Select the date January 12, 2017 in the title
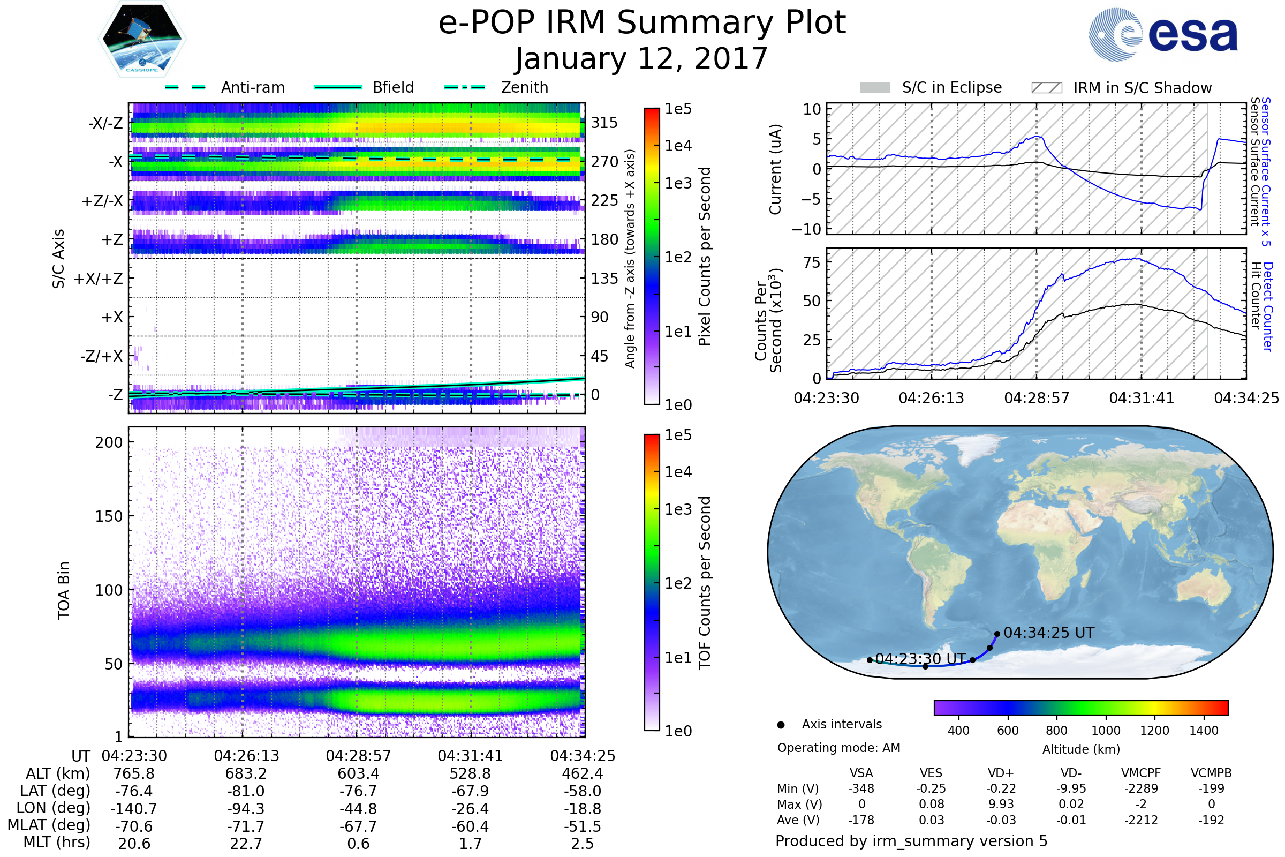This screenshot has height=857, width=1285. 641,59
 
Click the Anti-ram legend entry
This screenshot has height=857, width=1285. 252,87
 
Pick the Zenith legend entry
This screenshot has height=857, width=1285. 524,87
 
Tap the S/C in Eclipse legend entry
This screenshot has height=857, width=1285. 951,88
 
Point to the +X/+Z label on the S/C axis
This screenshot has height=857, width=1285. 99,279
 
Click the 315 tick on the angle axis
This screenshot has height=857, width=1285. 604,123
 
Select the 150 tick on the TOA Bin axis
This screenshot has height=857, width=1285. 109,516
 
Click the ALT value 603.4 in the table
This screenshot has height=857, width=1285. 358,774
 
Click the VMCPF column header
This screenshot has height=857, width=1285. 1141,773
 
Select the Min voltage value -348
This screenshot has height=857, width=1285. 861,788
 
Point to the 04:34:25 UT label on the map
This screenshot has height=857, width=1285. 1048,633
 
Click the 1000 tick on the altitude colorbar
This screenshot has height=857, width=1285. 1106,731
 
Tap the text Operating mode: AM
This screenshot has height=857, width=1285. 838,748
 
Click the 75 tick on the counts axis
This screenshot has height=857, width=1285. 812,262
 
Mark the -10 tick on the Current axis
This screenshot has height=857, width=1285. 806,229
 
